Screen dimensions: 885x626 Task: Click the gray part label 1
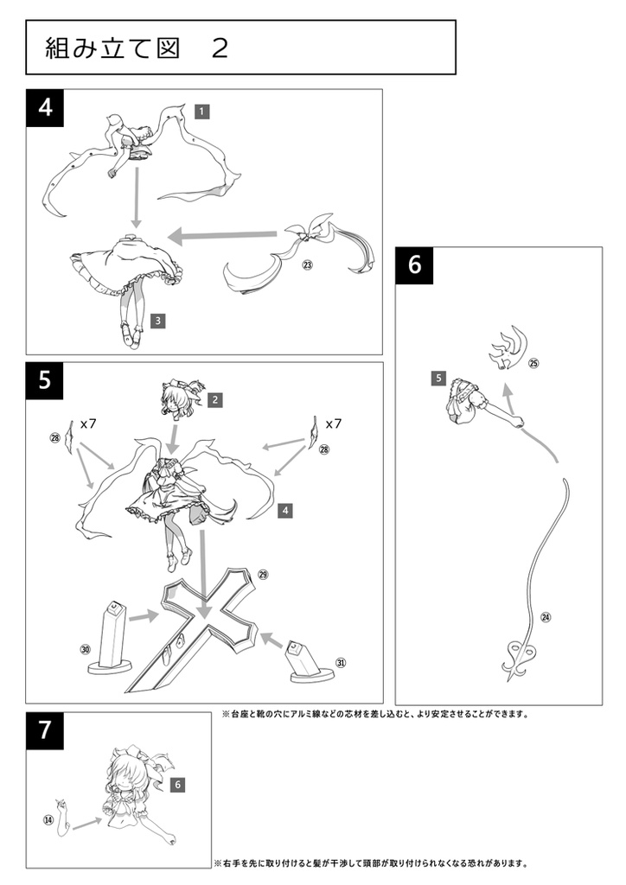pos(201,111)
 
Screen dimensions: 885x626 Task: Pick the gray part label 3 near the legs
pos(157,321)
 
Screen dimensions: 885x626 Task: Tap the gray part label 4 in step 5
pos(284,511)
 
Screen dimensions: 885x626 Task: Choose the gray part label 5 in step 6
pos(438,378)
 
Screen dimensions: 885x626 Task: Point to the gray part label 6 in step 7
pos(176,785)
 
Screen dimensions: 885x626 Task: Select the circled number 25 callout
pos(533,364)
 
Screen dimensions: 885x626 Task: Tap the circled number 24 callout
pos(545,617)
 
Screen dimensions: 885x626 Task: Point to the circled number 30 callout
pos(85,649)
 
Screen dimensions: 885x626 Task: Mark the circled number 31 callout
pos(341,663)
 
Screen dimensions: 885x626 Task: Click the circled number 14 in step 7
pos(48,818)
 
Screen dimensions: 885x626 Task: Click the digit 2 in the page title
pos(220,48)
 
